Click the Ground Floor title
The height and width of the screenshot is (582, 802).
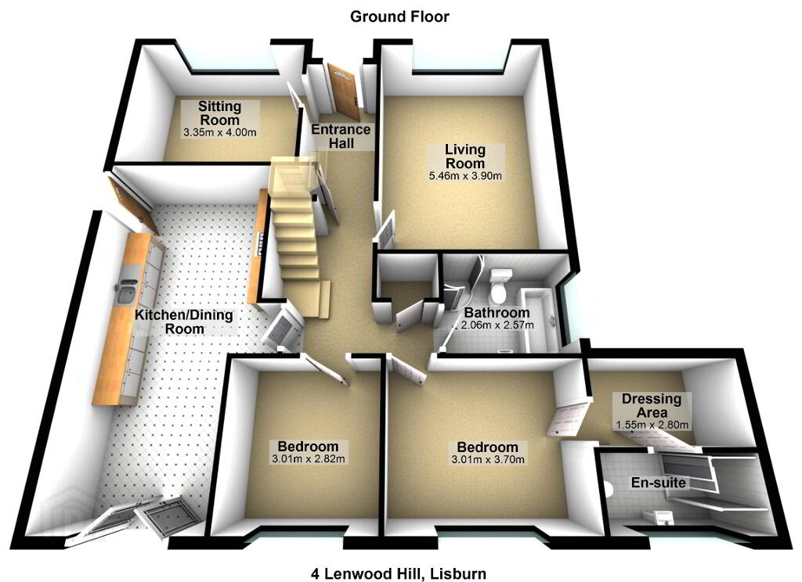400,16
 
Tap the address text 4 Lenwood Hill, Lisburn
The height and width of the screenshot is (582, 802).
398,573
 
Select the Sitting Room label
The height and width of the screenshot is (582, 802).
219,113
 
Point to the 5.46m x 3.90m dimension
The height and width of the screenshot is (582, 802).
465,176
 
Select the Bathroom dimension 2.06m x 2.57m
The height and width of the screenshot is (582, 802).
497,325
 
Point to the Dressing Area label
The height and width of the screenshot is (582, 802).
652,405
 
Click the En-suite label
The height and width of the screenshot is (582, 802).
658,483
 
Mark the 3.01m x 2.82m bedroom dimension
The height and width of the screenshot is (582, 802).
309,458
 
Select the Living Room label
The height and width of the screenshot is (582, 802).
465,155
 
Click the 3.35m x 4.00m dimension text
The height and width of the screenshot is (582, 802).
219,132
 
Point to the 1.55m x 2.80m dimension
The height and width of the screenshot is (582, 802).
652,425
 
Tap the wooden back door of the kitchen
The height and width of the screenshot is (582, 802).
131,206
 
